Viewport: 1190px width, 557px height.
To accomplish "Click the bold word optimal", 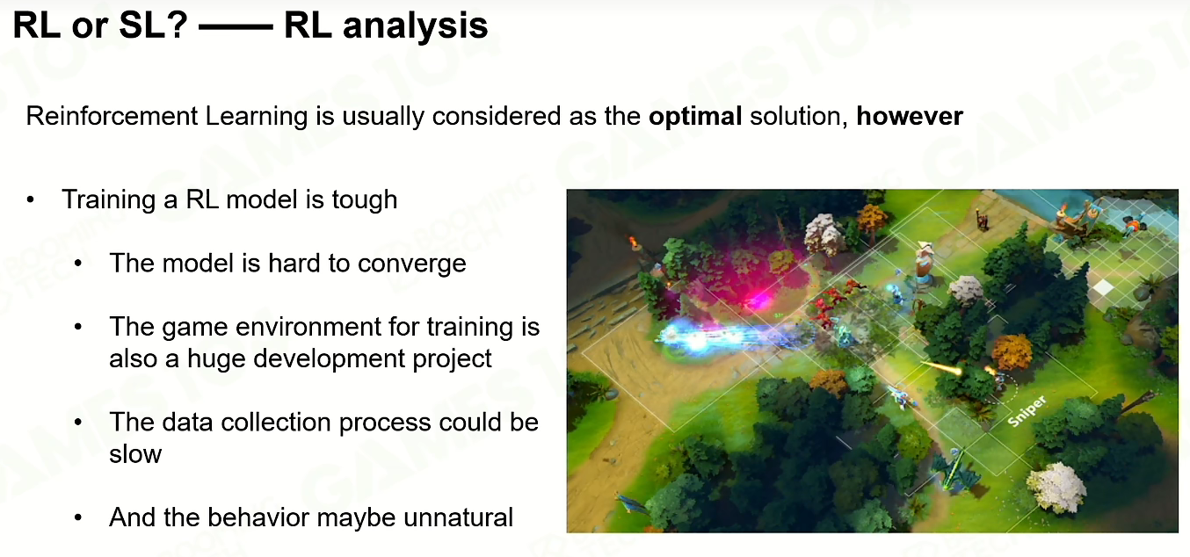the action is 695,117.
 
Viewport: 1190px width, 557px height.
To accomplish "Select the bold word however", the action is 910,116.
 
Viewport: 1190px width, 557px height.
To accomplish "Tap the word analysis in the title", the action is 415,26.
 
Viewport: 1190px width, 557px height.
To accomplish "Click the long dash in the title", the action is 236,26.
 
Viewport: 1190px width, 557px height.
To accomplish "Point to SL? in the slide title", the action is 153,25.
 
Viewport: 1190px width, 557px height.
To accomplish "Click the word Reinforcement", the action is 112,116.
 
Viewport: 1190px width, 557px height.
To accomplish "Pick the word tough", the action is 365,200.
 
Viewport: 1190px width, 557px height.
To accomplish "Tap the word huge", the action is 217,359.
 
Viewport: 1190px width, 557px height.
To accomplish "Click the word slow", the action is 135,454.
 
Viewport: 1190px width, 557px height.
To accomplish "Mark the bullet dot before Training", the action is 30,200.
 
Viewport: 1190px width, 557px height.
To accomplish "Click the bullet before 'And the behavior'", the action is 78,517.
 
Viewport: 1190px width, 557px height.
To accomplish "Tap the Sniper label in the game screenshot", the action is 1027,411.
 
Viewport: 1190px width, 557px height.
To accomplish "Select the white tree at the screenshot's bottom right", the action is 1055,488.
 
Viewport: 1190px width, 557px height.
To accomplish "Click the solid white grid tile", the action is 1103,288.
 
